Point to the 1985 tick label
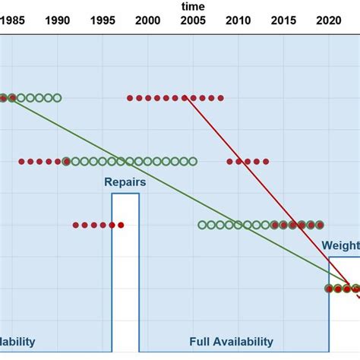[x=11, y=21]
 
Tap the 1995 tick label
[x=103, y=21]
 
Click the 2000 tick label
[x=147, y=21]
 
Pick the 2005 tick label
[x=193, y=21]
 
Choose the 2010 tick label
[x=238, y=21]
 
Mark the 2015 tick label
[x=284, y=21]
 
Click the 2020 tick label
[x=329, y=21]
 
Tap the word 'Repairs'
[x=125, y=182]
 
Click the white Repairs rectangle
[x=125, y=273]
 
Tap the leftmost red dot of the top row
[x=130, y=98]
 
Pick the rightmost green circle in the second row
[x=193, y=161]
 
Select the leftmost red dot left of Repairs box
[x=76, y=225]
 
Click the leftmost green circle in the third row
[x=202, y=225]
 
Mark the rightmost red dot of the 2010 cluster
[x=266, y=161]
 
